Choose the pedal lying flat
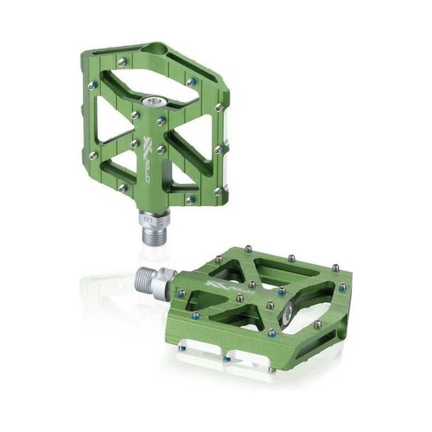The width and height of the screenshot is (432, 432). [259, 313]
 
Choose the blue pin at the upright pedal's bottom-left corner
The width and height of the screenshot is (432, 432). [124, 188]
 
